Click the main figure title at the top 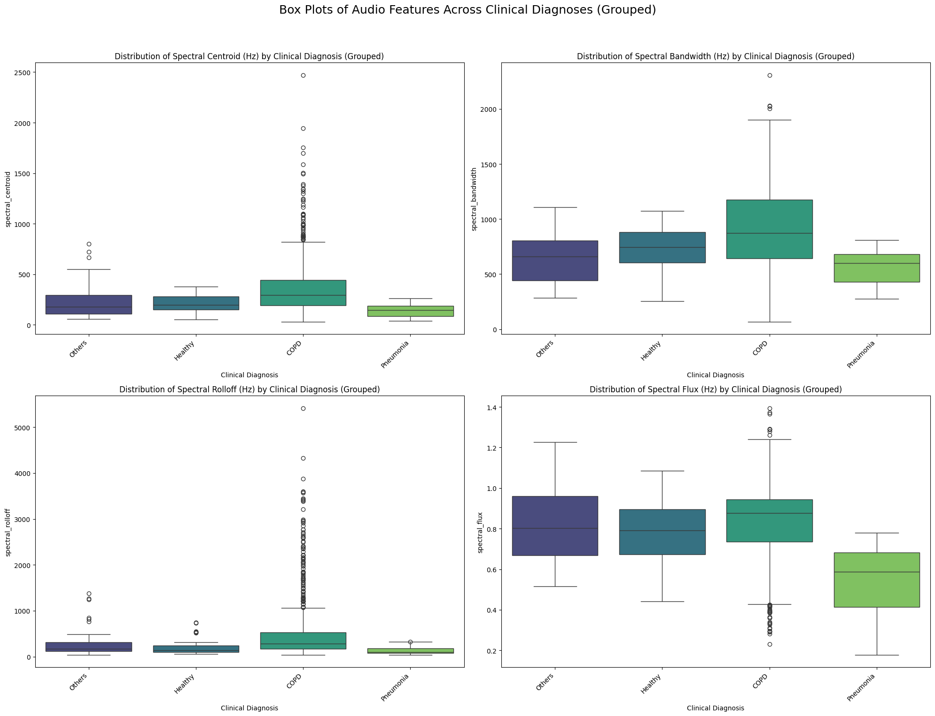pos(467,10)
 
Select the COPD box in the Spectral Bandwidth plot pos(769,229)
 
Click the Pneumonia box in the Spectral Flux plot pos(876,580)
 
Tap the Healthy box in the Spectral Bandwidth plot pos(662,247)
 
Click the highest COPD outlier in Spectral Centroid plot pos(303,75)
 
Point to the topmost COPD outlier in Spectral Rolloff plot pos(303,408)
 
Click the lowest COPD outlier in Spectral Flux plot pos(770,644)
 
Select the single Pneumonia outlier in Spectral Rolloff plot pos(410,642)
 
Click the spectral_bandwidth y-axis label pos(475,199)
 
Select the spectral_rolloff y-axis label pos(8,532)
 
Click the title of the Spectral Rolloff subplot pos(249,389)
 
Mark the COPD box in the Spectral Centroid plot pos(303,293)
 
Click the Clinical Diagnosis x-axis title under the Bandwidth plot pos(715,375)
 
